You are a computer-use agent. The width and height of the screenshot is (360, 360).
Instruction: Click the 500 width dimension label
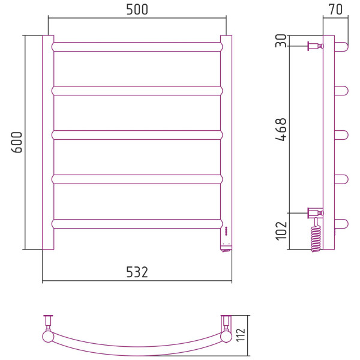137,10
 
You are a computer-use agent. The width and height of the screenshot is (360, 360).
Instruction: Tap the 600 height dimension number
17,142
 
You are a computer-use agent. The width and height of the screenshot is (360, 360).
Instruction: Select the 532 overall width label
137,272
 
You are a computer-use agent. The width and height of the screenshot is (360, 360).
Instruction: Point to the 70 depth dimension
335,10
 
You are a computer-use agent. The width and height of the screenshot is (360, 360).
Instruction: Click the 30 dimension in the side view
281,41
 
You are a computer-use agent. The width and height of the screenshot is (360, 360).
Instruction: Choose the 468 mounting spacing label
281,129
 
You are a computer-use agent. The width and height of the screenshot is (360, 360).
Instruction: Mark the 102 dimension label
281,231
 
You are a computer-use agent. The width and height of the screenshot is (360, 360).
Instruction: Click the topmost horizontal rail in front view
137,47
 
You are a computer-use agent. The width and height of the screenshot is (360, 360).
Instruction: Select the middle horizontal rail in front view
137,135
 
